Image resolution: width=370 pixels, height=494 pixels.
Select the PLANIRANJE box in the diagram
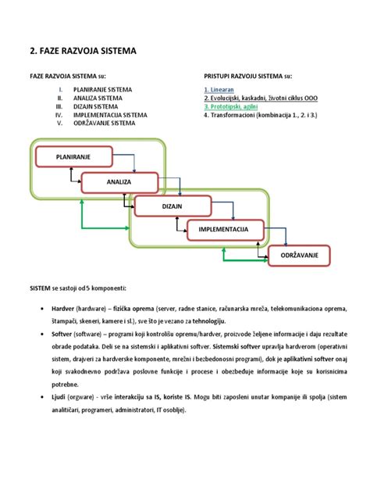[73, 157]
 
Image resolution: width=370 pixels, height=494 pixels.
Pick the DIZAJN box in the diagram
[172, 206]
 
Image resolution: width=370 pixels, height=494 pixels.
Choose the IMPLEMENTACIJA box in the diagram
[223, 229]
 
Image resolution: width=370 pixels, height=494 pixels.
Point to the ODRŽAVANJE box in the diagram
[300, 255]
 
